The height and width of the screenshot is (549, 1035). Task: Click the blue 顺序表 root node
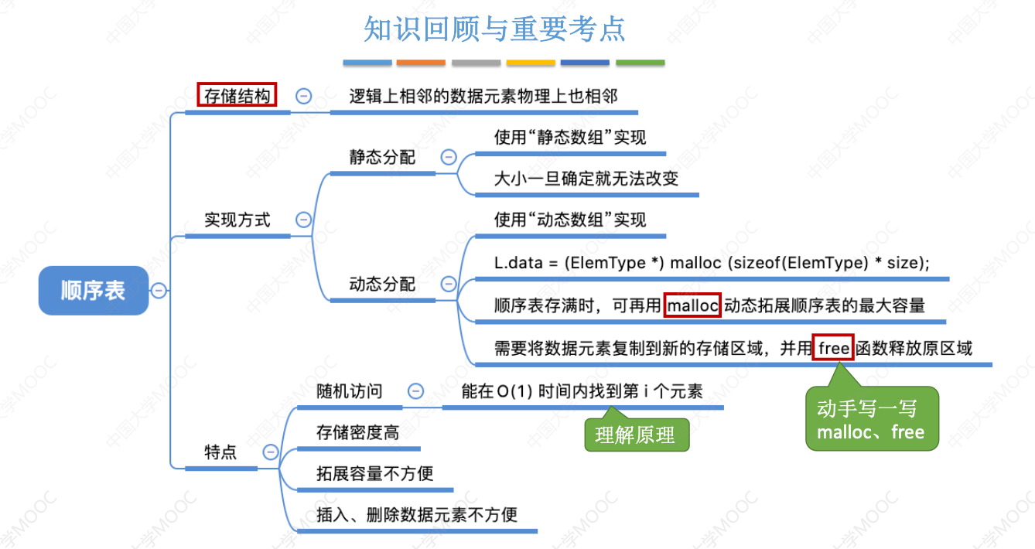93,291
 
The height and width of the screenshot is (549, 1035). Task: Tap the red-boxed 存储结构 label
237,96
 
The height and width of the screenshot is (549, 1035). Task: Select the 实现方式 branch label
237,220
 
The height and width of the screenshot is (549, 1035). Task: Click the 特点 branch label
220,452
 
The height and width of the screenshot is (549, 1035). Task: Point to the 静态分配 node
382,157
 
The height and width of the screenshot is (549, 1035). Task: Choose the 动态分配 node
382,284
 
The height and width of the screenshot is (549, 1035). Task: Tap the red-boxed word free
834,348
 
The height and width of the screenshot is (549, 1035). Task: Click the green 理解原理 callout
635,435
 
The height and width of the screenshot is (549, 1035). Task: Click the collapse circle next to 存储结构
304,96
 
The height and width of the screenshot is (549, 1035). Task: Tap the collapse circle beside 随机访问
416,391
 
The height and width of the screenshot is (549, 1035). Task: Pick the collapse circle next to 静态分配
449,157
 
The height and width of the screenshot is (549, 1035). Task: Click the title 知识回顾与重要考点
495,29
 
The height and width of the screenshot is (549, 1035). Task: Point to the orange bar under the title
421,62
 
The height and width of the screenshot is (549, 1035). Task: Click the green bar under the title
640,62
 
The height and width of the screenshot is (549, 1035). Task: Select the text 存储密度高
357,433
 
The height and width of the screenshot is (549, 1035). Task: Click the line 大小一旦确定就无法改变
586,179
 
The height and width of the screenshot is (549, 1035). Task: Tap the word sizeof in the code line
754,263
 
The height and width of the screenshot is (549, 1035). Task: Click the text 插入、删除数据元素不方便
417,514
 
